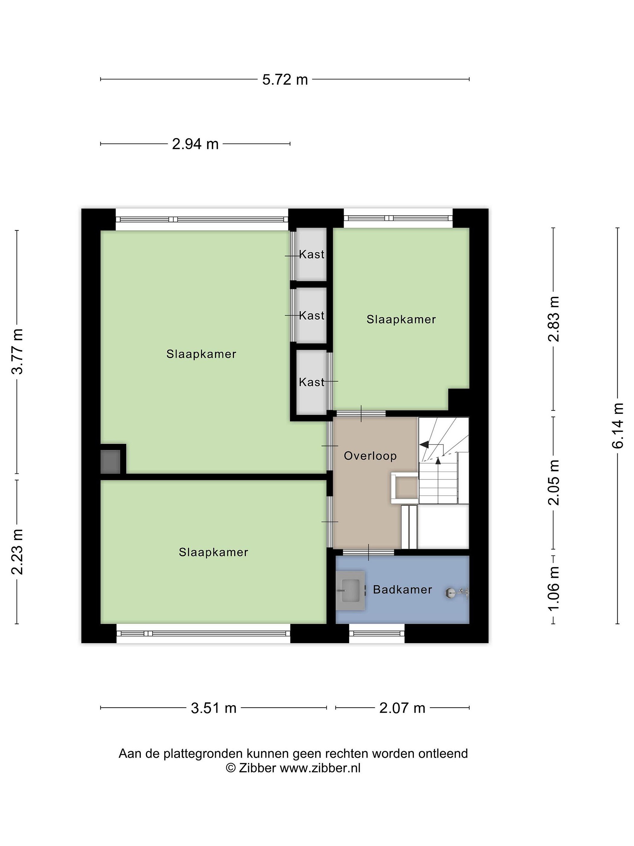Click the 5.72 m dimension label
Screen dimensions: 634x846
(x=285, y=80)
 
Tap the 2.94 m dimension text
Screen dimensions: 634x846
(x=195, y=144)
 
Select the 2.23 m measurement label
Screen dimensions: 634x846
(x=18, y=552)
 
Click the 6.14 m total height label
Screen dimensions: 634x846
(x=617, y=425)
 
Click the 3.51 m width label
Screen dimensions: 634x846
(x=214, y=708)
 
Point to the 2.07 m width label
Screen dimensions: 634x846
(x=402, y=708)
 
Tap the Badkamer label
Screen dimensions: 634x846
(x=402, y=590)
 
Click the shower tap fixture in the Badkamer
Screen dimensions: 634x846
(x=457, y=593)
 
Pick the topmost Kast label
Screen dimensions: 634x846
(x=311, y=254)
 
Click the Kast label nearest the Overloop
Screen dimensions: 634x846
(x=311, y=382)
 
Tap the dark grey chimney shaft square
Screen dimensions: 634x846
(x=110, y=462)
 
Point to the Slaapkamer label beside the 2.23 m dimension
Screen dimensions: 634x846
(x=213, y=552)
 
